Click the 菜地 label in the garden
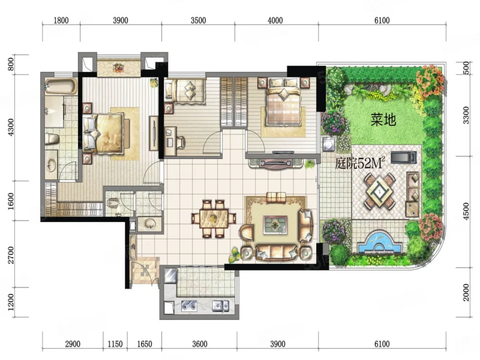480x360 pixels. tap(383, 120)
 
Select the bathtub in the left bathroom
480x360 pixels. tap(61, 86)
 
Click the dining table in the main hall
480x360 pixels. tap(214, 218)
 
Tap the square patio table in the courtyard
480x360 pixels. tap(379, 191)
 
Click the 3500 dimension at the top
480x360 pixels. tap(198, 20)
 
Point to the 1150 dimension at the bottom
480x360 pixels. tap(115, 344)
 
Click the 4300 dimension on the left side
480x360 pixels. tap(11, 127)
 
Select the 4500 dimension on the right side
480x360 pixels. tap(466, 211)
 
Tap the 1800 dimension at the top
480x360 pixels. tap(61, 20)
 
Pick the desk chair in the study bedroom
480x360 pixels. tap(181, 142)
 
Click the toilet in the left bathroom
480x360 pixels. tap(52, 139)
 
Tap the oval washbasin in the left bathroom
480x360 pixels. tap(51, 166)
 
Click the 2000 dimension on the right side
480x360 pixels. tap(466, 292)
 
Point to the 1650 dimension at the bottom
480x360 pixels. tap(145, 344)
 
